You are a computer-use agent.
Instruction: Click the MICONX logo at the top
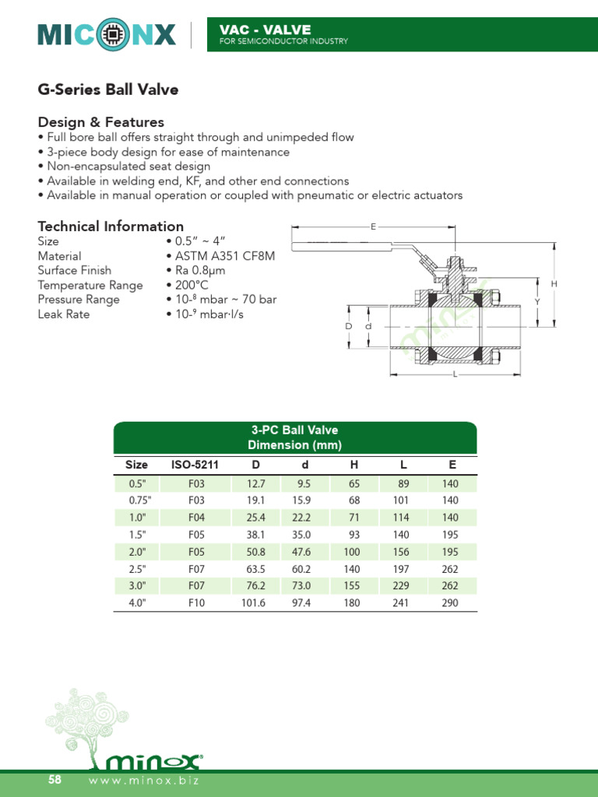pyautogui.click(x=107, y=33)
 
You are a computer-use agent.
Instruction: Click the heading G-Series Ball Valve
pyautogui.click(x=108, y=90)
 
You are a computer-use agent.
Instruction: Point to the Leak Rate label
pyautogui.click(x=64, y=314)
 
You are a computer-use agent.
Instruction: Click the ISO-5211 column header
pyautogui.click(x=195, y=465)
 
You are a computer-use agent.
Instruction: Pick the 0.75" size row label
pyautogui.click(x=136, y=500)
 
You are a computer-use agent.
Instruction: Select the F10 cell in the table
pyautogui.click(x=196, y=603)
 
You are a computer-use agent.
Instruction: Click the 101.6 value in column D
pyautogui.click(x=254, y=603)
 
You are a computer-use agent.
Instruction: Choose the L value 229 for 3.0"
pyautogui.click(x=401, y=586)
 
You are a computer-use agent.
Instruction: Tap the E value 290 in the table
pyautogui.click(x=450, y=603)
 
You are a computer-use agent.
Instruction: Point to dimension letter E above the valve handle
pyautogui.click(x=374, y=226)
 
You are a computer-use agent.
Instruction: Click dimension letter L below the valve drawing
pyautogui.click(x=455, y=374)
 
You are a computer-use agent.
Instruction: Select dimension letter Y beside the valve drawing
pyautogui.click(x=537, y=301)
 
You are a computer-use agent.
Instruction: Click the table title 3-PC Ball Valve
pyautogui.click(x=294, y=430)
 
